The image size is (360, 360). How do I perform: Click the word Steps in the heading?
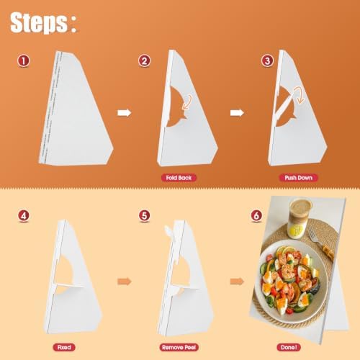point(39,22)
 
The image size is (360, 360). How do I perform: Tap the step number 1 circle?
point(24,60)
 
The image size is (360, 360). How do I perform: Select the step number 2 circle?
point(144,60)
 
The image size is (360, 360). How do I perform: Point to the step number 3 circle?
point(267,60)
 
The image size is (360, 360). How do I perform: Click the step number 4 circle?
point(24,215)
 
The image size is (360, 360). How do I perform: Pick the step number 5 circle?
point(144,215)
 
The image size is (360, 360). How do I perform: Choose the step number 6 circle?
point(256,215)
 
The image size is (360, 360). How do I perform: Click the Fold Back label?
point(179,178)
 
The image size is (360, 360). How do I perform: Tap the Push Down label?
point(299,178)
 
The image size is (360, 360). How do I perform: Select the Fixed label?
point(64,347)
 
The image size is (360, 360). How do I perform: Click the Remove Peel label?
point(179,347)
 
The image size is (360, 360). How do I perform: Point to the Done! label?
point(289,347)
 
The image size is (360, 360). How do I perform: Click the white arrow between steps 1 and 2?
point(125,113)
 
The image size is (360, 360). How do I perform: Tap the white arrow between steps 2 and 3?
point(237,113)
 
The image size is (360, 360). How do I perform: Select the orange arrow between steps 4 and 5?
point(125,282)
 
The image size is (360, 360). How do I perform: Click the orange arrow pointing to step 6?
point(237,282)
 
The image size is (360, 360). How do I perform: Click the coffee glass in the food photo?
point(300,218)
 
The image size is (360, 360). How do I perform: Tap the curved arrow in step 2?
point(187,102)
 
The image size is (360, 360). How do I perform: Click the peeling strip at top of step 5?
point(168,231)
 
